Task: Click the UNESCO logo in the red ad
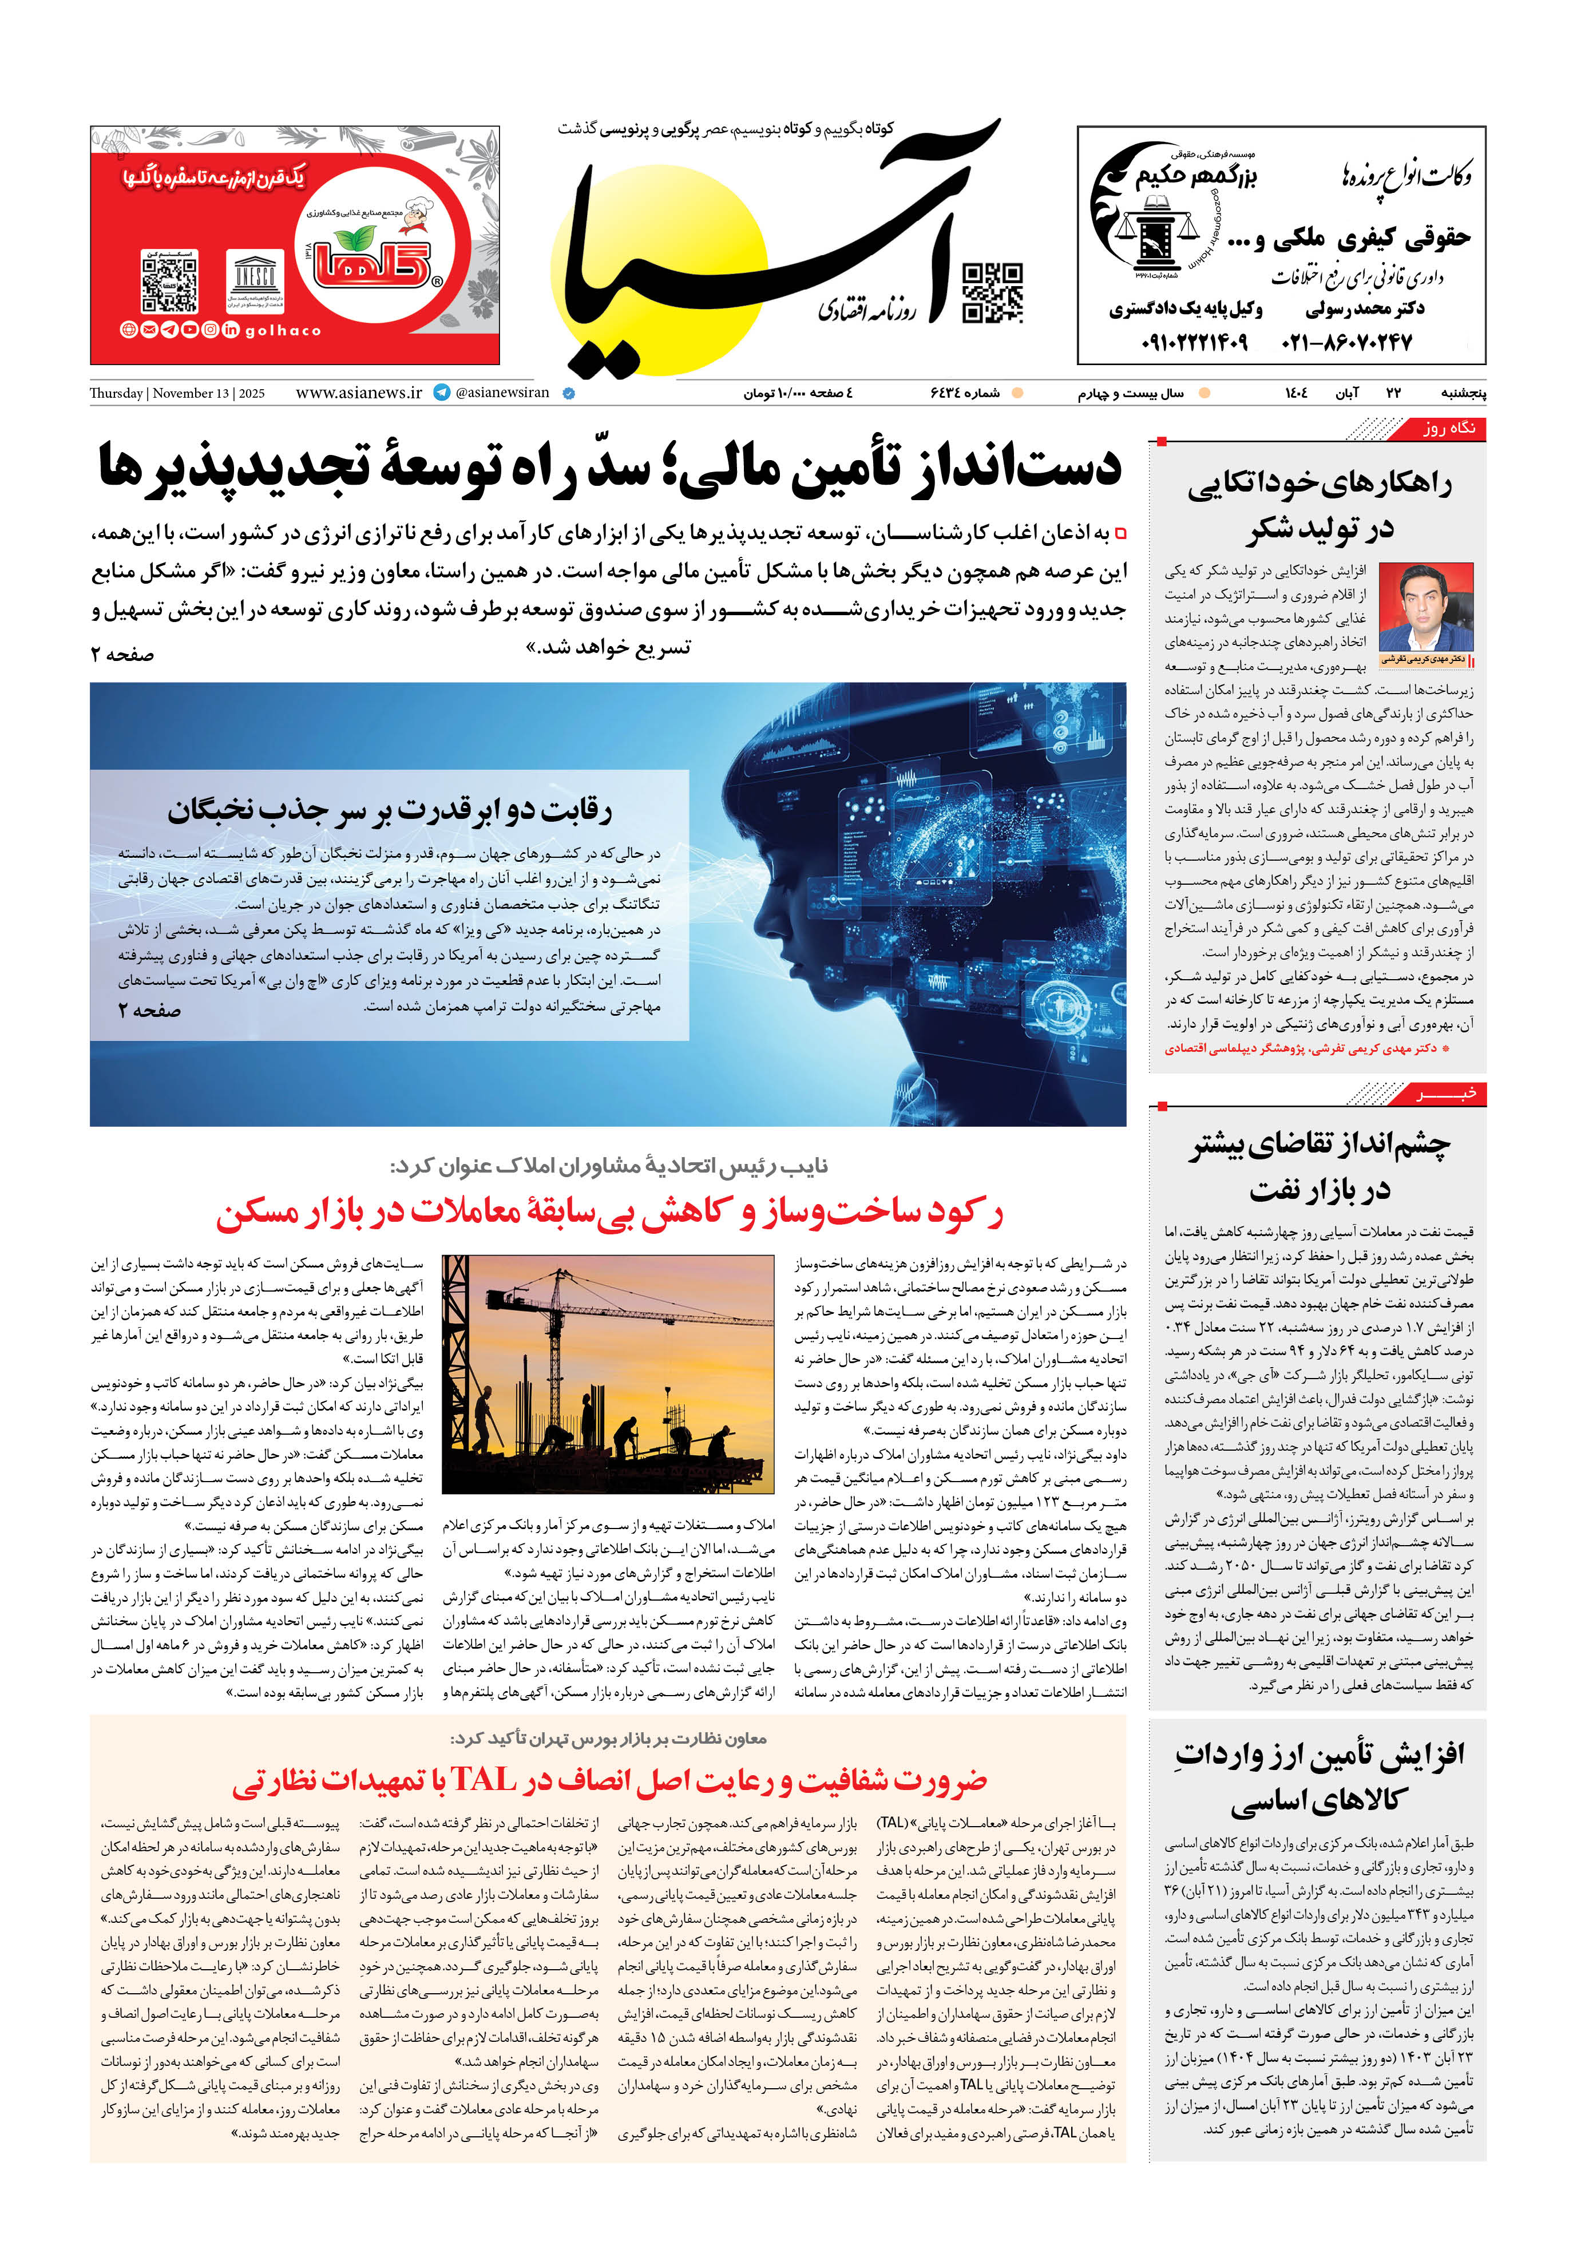255,278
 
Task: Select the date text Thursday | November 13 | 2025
177,394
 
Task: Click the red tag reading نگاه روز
1448,429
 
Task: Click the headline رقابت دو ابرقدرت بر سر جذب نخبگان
390,810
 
